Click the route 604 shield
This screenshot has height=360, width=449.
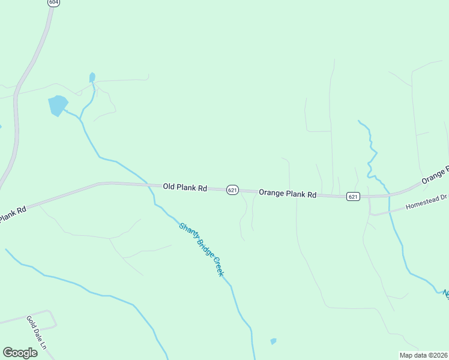tap(54, 2)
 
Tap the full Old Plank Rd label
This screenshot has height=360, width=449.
tap(185, 188)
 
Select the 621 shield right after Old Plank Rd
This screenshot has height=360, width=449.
tap(233, 190)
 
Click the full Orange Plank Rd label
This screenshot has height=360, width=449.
tap(288, 194)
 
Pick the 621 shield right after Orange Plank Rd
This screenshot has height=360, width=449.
tap(353, 196)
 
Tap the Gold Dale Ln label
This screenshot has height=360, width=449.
tap(37, 332)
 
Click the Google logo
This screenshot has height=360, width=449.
tap(20, 353)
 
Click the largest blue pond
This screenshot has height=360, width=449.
tap(58, 105)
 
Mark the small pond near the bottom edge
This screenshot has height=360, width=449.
tap(273, 341)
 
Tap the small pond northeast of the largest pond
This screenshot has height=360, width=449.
tap(92, 77)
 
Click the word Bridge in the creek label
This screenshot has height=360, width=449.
tap(203, 251)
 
